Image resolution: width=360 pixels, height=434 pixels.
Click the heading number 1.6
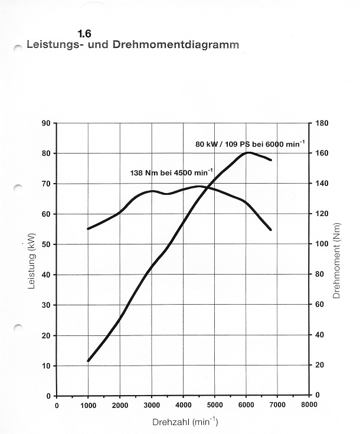84,34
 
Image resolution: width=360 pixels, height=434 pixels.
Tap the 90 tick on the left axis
45,123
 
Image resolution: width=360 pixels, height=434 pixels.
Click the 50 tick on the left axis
45,244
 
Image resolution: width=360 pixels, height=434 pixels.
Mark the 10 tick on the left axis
45,366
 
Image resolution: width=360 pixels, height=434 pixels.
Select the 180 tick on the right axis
322,123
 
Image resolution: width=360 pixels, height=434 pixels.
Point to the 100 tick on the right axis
322,244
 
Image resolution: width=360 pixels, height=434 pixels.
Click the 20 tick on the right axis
320,366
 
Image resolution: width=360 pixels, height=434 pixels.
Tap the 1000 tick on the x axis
88,406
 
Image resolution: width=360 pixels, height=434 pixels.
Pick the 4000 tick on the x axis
183,406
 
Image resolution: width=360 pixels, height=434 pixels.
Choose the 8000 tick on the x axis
309,406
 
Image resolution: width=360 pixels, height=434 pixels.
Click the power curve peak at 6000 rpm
247,152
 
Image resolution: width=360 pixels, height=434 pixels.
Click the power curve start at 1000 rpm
88,361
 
